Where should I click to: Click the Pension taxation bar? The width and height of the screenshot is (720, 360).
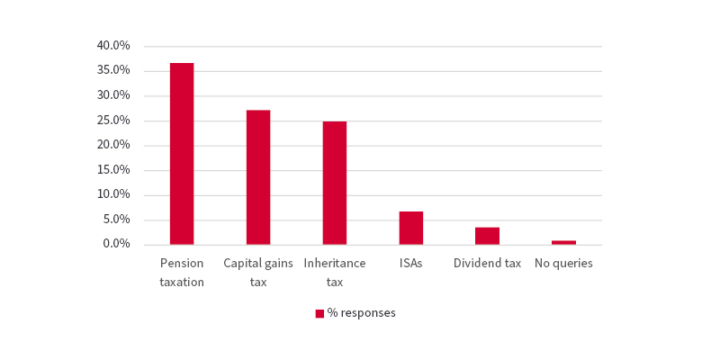coord(182,154)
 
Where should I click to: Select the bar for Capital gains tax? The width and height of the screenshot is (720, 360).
coord(258,177)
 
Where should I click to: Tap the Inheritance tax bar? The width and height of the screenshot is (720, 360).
coord(335,183)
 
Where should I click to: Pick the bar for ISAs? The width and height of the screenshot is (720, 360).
coord(411,228)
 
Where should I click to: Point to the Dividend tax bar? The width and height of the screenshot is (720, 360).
coord(487,236)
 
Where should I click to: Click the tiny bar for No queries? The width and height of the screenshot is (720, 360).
coord(563,242)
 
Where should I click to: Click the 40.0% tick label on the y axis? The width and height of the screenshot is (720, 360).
coord(113,45)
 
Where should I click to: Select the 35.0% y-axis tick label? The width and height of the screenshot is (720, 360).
coord(113,70)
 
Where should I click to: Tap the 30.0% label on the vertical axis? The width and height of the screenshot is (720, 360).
coord(113,95)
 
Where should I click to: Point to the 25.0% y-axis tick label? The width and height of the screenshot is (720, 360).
coord(113,120)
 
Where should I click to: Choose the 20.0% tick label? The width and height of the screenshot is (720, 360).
coord(113,145)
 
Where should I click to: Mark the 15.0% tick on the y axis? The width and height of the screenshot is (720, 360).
coord(113,169)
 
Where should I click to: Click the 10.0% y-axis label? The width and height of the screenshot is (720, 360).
coord(113,194)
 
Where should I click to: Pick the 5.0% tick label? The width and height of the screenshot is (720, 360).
coord(116,220)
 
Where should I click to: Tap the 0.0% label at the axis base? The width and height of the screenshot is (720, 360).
coord(116,244)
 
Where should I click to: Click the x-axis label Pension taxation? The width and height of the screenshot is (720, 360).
coord(182,273)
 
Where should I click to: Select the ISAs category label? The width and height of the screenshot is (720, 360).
coord(411,264)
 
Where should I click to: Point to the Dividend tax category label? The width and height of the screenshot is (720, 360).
coord(487,264)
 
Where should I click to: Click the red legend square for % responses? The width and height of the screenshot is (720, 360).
coord(319,313)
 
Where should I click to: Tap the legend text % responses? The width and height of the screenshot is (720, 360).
coord(362,313)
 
